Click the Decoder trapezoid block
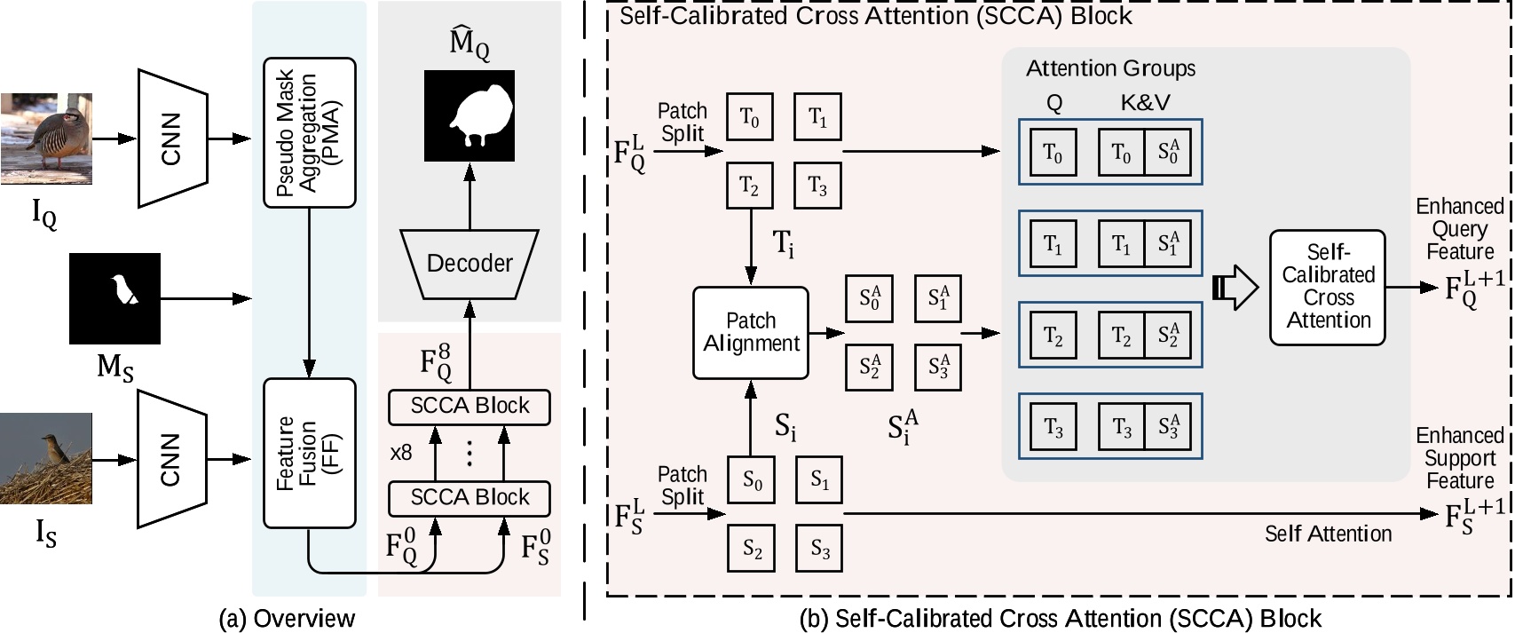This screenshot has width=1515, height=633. (469, 264)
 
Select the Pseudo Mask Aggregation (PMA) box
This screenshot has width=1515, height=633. (309, 133)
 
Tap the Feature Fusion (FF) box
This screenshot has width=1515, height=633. (309, 453)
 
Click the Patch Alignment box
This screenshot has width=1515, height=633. (751, 332)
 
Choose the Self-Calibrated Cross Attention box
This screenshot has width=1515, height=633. (1327, 287)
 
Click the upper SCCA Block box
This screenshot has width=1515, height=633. (469, 407)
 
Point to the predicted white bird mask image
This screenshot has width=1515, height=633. (469, 115)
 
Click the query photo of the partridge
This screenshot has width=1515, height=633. (46, 138)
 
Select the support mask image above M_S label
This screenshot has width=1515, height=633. (114, 298)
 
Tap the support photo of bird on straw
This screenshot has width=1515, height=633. (46, 458)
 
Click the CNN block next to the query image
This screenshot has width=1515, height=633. (171, 138)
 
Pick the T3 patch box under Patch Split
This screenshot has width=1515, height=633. (817, 186)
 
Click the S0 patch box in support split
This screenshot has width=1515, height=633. (751, 480)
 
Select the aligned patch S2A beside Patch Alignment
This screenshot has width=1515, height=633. (870, 366)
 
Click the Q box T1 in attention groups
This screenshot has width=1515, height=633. (1053, 244)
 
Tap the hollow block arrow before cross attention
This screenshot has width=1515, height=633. (1235, 287)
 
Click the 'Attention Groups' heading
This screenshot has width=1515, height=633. (1110, 68)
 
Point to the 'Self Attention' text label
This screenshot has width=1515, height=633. (1328, 534)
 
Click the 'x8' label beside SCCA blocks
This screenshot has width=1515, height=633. (401, 453)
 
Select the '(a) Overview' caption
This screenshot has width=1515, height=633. (287, 619)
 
